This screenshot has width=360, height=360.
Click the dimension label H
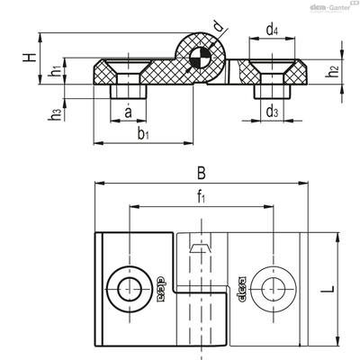point(30,58)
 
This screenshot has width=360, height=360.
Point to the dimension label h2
point(332,72)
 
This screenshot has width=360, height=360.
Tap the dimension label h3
point(56,115)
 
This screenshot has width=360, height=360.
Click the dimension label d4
point(272,30)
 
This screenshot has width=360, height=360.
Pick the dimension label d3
point(272,112)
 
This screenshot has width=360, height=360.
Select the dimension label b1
point(143,134)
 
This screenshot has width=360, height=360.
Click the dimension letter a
point(128,112)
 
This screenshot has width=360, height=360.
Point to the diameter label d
point(220,27)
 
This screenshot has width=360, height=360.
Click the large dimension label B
point(202,173)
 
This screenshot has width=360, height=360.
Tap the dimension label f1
point(202,197)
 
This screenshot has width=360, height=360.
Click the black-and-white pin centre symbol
point(201,58)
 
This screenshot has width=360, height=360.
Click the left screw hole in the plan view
point(130,289)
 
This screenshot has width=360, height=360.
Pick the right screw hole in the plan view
point(274,289)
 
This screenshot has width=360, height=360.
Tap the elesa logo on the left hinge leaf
point(161,289)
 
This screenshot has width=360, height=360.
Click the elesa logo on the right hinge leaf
point(241,289)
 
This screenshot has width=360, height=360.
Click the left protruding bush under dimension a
point(129,92)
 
